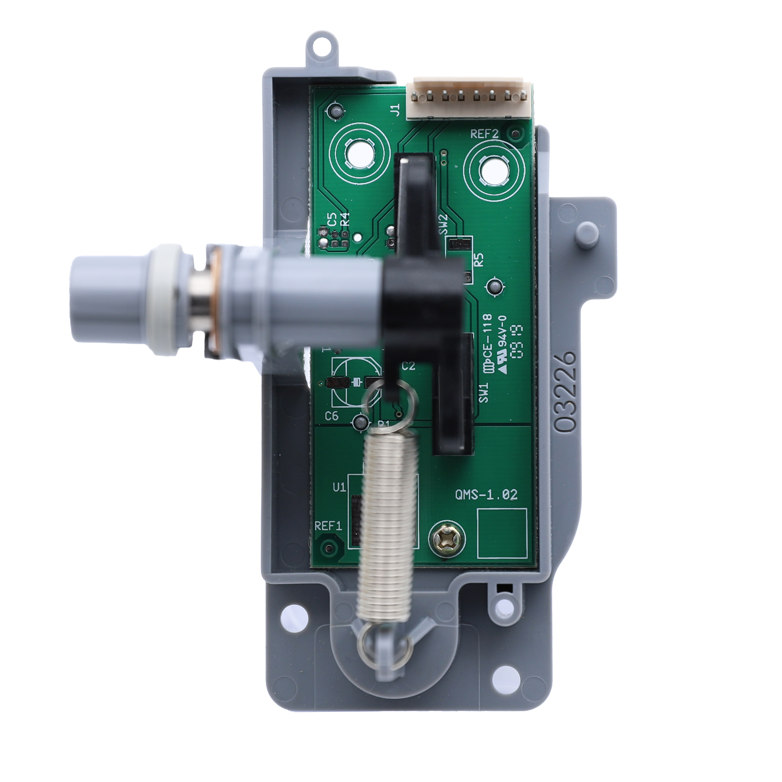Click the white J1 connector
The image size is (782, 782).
(470, 98)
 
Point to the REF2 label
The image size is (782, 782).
(484, 134)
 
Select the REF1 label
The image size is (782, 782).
(328, 526)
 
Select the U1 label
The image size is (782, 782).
(339, 487)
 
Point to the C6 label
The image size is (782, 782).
(332, 416)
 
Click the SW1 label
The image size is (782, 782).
(484, 392)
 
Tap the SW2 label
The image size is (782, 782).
(444, 224)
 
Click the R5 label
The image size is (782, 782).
(479, 259)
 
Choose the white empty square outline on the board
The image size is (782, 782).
(502, 533)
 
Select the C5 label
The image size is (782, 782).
(332, 219)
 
